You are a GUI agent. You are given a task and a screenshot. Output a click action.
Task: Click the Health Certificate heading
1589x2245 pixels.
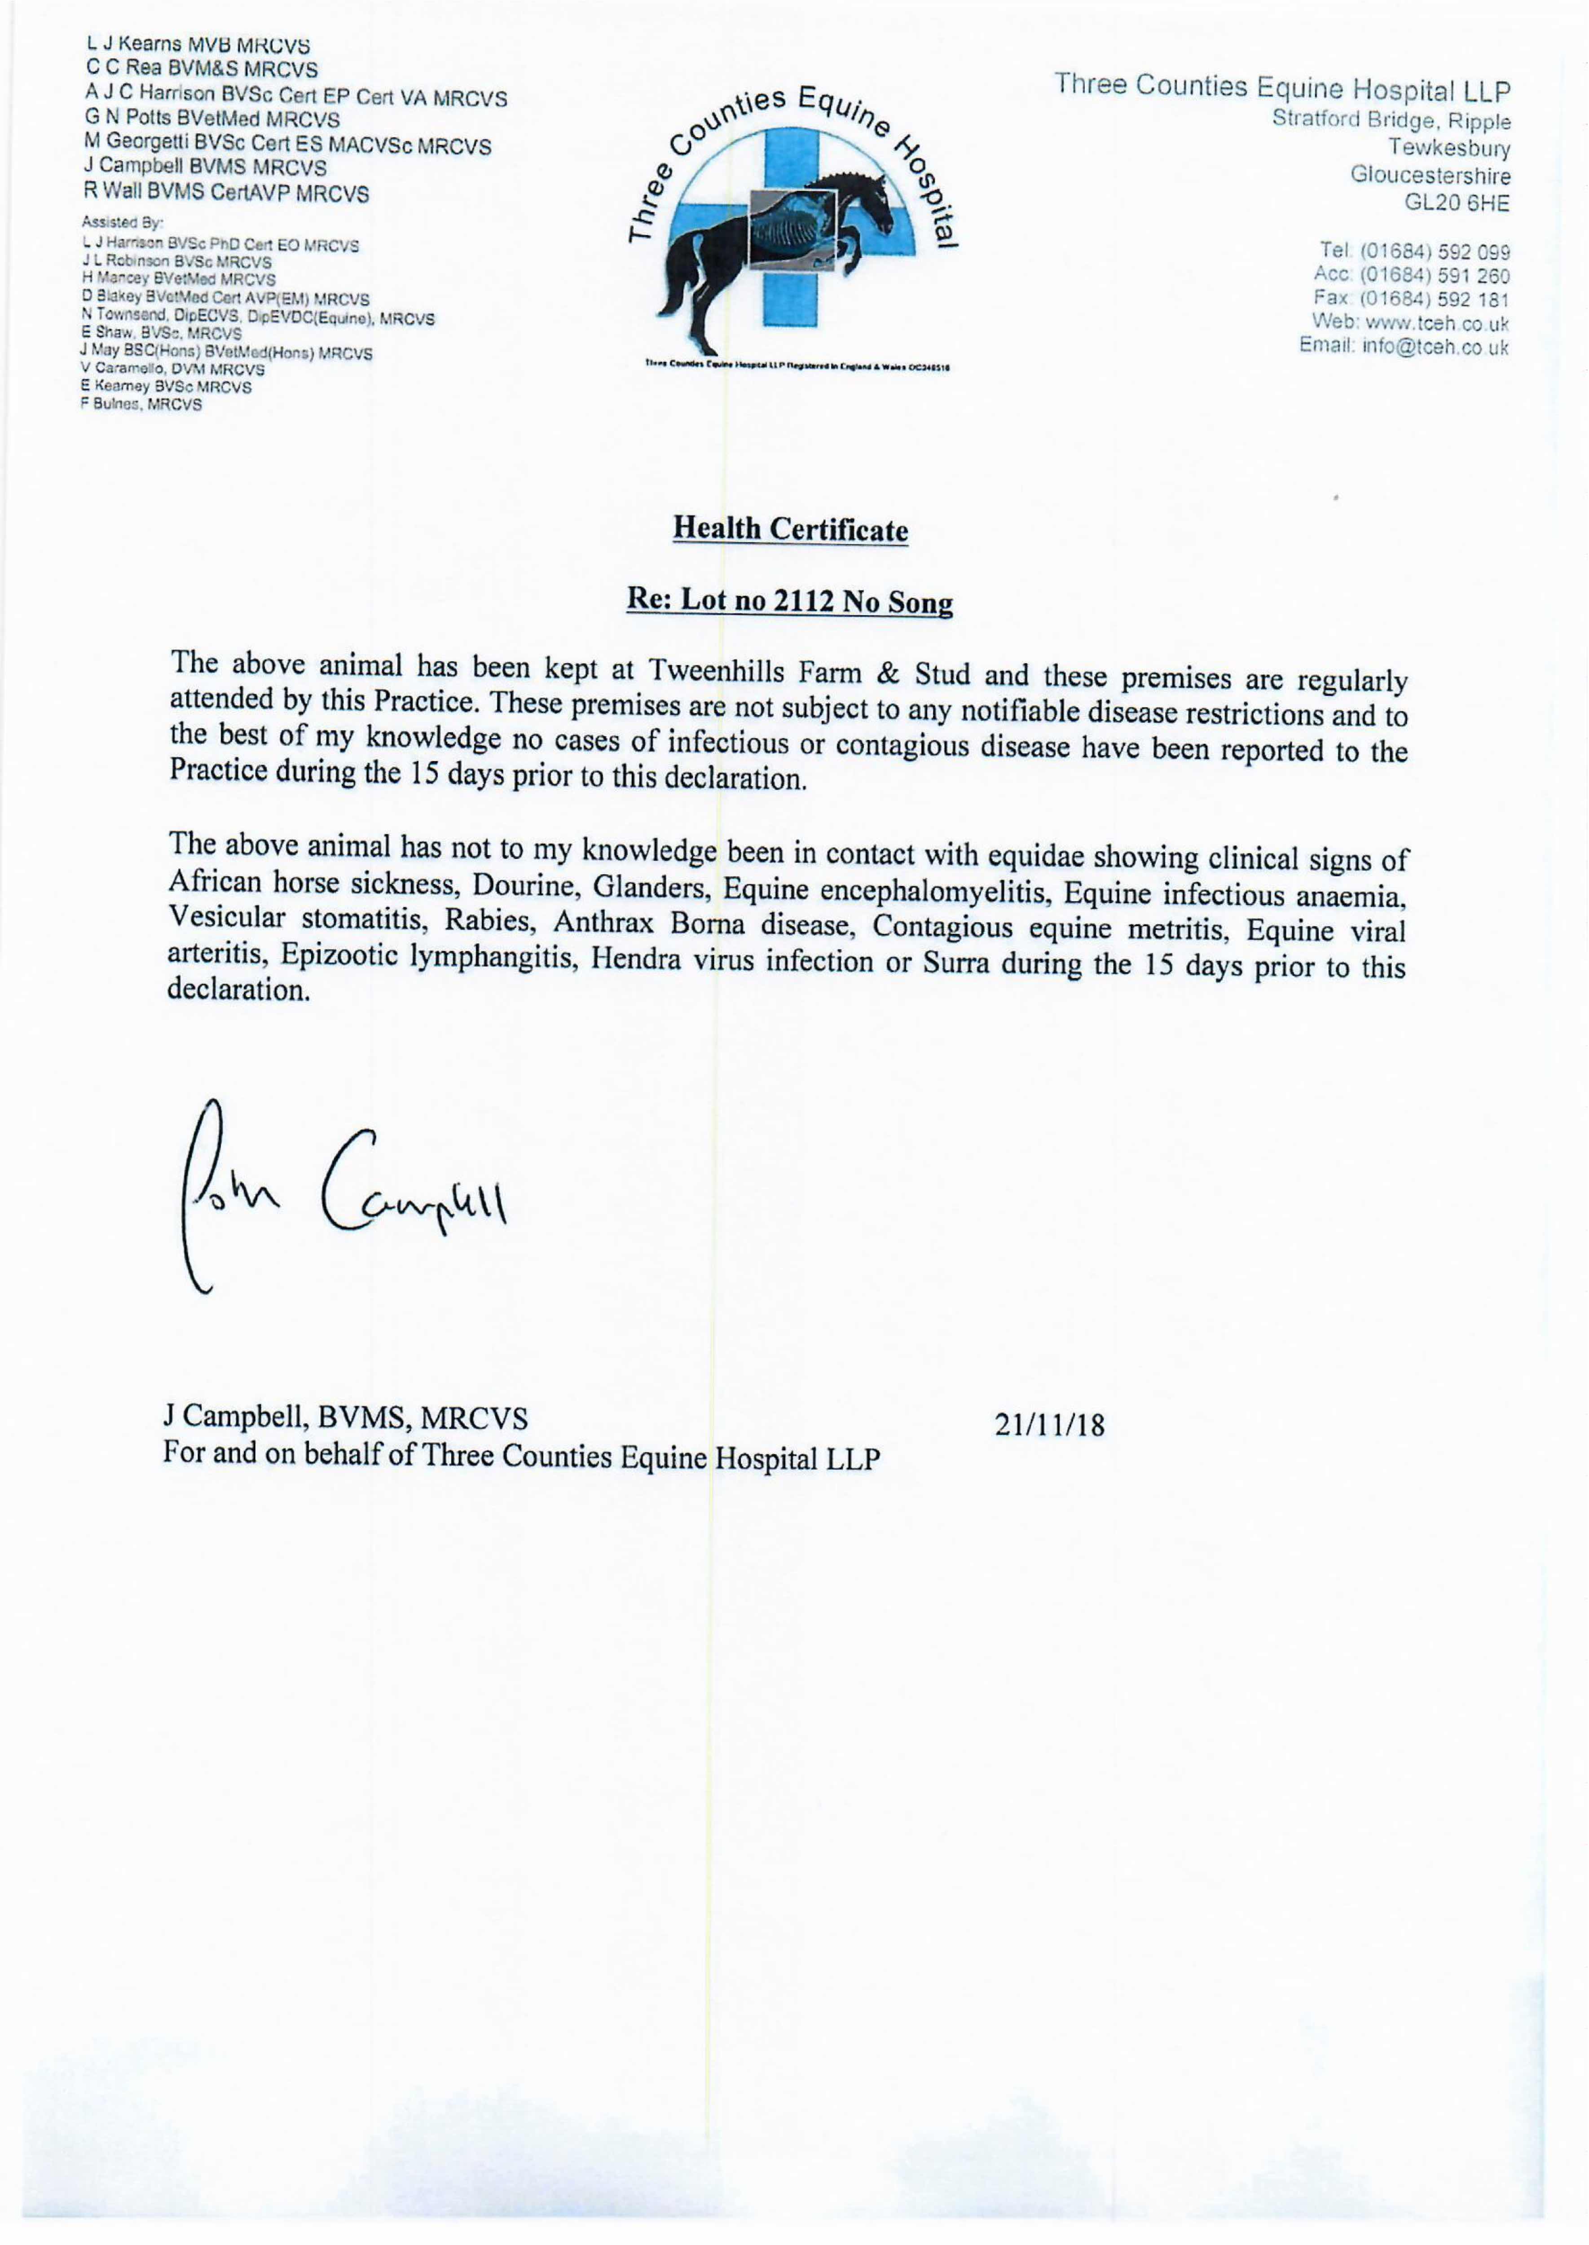791,530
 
